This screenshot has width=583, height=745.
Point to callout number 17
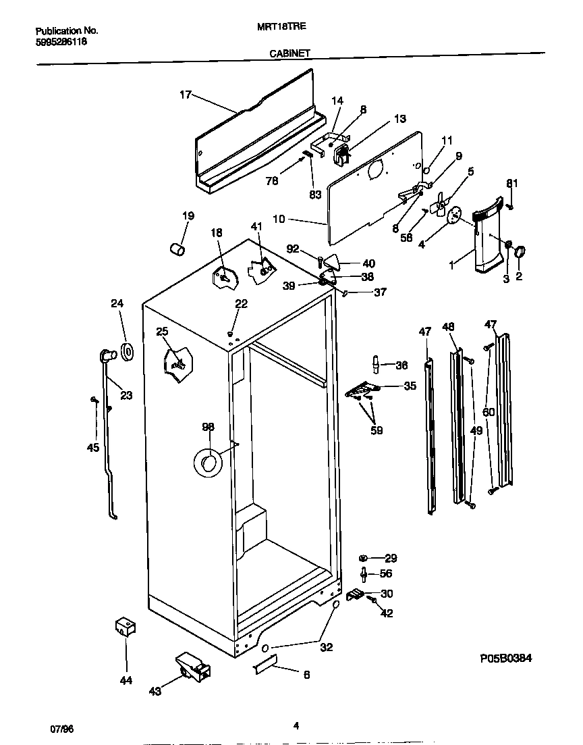(186, 95)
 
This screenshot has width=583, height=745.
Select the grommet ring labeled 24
(126, 351)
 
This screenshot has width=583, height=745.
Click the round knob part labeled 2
(520, 253)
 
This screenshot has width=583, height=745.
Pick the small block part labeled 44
(124, 627)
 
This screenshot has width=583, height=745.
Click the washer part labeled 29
(363, 557)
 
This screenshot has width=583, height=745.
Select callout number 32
(326, 647)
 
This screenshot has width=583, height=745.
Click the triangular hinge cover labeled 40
(330, 261)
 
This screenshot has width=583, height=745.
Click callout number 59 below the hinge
(377, 430)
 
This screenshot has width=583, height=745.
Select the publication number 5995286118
(61, 42)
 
